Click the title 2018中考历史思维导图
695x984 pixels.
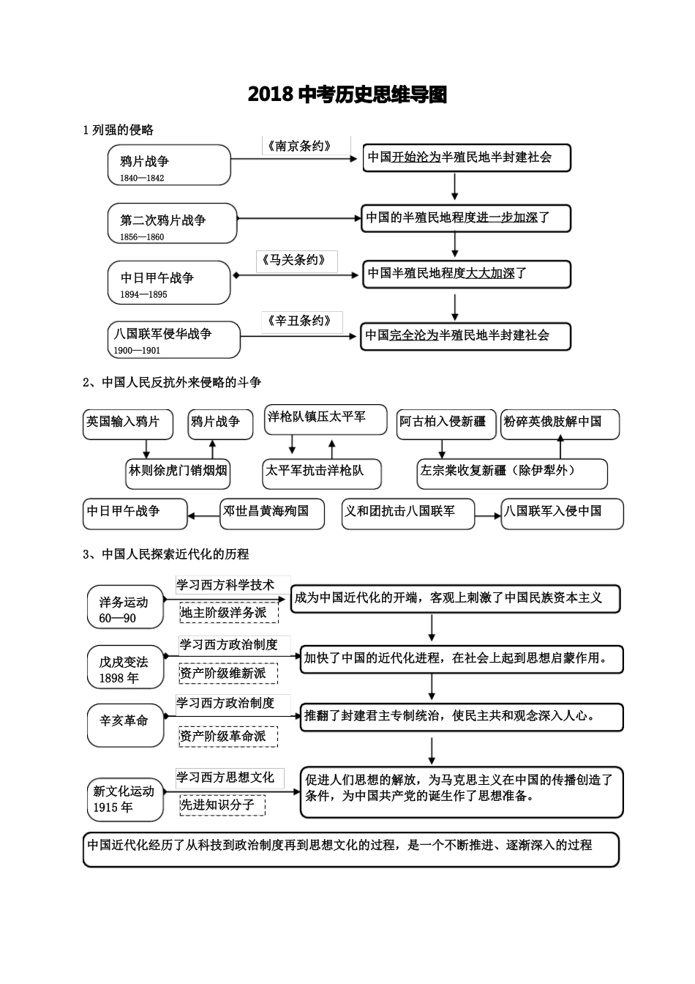(347, 94)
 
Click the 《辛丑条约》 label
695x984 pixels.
(299, 321)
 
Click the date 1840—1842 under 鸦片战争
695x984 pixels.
(141, 178)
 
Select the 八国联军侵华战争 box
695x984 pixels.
(173, 340)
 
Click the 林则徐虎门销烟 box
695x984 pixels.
(178, 471)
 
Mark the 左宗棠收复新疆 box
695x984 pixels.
(511, 472)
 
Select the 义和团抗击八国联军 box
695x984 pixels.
(407, 512)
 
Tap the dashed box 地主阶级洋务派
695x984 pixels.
(228, 613)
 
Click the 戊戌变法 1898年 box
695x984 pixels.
(125, 668)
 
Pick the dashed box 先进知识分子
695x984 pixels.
(222, 805)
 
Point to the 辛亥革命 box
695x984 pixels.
(125, 724)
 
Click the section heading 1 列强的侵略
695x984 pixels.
(119, 130)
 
